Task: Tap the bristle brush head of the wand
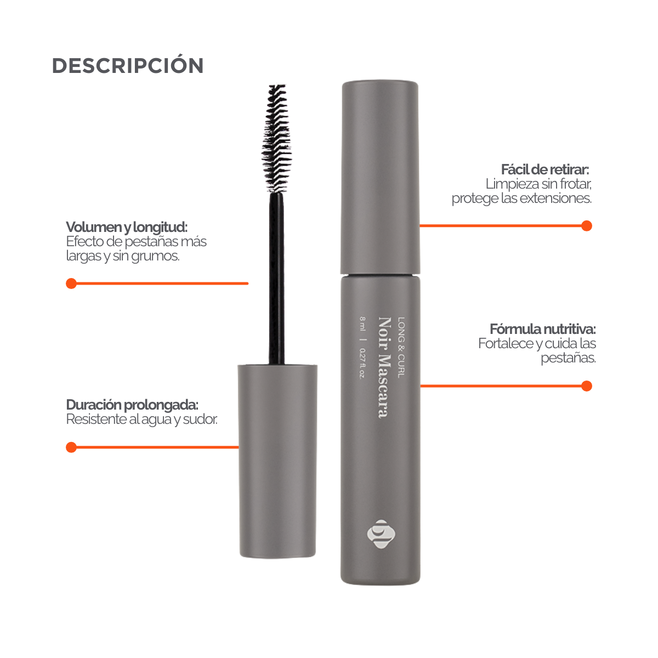(x=276, y=139)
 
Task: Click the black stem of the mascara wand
(x=276, y=279)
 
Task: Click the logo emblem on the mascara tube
(x=381, y=534)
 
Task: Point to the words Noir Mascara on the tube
(x=384, y=367)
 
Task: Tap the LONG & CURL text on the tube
(x=401, y=347)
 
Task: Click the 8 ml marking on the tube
(x=362, y=324)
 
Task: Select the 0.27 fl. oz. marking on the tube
(x=362, y=364)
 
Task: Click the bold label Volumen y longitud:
(x=127, y=226)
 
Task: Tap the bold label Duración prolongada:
(x=132, y=405)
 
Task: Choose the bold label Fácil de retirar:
(x=545, y=169)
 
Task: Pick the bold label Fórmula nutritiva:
(x=543, y=329)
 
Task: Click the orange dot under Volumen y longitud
(x=71, y=283)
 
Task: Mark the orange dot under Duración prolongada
(x=71, y=447)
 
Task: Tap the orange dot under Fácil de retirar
(x=587, y=226)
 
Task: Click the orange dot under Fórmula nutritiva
(x=587, y=386)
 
